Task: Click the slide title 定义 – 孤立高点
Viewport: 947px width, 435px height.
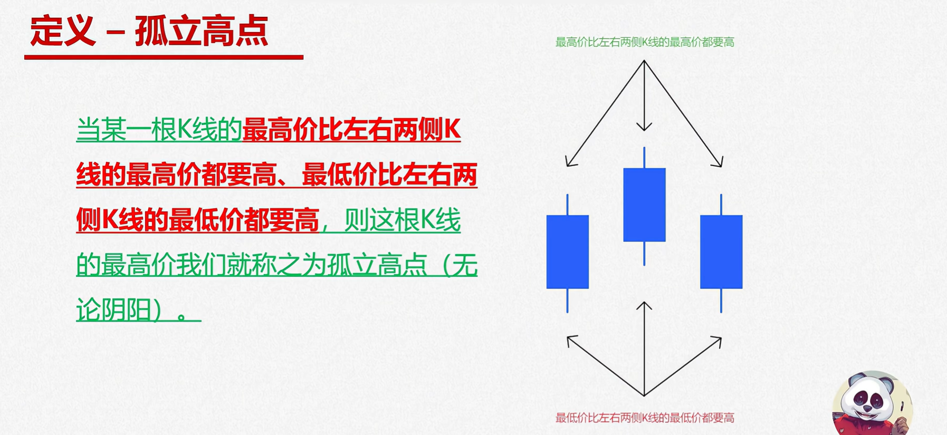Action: click(149, 31)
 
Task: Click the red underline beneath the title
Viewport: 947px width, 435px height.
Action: click(164, 57)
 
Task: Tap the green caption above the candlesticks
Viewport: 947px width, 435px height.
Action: click(645, 42)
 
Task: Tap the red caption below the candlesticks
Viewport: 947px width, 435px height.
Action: click(645, 418)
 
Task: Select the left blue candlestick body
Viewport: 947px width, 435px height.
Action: click(568, 252)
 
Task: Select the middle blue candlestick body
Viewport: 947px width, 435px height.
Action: click(644, 205)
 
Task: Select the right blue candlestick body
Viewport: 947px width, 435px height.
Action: click(721, 252)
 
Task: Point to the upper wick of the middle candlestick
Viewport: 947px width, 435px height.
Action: click(644, 158)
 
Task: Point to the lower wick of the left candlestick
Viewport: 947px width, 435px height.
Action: click(568, 301)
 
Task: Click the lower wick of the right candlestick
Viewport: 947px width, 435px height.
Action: click(721, 301)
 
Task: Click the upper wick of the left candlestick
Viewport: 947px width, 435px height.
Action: click(568, 205)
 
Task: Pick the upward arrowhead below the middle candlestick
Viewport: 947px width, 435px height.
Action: click(644, 306)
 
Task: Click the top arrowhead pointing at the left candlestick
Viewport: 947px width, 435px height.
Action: click(570, 161)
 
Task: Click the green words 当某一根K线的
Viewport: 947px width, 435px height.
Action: click(159, 129)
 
